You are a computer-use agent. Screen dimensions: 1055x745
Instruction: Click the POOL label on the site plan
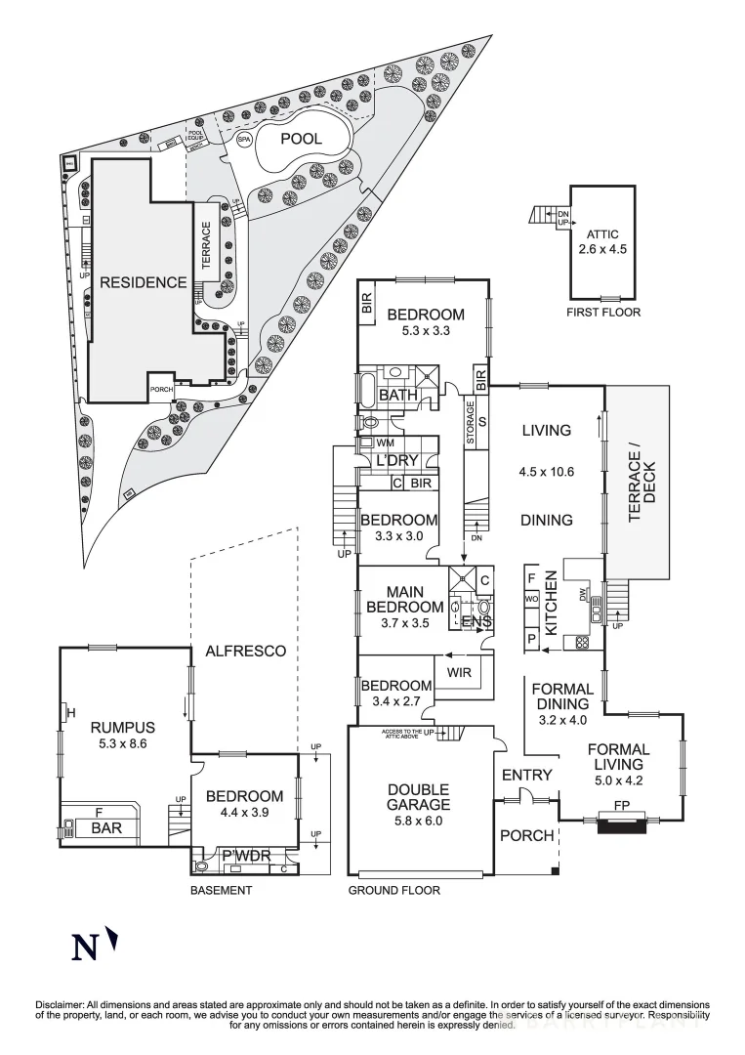pos(301,139)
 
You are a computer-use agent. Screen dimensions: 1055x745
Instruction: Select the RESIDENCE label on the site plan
pos(143,282)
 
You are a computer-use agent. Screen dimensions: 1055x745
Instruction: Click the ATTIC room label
pos(603,234)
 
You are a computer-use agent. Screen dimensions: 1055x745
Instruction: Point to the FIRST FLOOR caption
pos(603,313)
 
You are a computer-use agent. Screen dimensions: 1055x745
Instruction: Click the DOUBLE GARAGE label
pos(418,796)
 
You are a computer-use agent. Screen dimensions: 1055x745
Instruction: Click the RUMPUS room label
pos(123,727)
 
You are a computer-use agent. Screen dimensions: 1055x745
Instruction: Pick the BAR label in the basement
pos(100,828)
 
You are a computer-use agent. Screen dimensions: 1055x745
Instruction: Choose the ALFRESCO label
pos(245,651)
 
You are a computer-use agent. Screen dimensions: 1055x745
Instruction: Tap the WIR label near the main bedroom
pos(459,673)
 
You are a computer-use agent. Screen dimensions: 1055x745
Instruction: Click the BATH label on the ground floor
pos(397,396)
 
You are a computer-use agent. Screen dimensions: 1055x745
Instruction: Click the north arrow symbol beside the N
pos(114,940)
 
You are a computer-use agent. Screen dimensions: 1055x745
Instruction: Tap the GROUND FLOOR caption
pos(394,890)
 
